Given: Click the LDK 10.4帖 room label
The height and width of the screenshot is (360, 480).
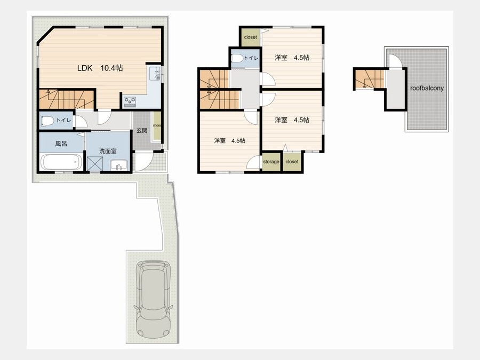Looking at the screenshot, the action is (x=100, y=68).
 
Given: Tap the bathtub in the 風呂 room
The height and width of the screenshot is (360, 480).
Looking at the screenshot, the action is (x=61, y=162).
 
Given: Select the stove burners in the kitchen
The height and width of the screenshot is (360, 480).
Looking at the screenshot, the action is (x=130, y=101).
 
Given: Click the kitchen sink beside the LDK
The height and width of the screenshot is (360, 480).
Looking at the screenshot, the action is (x=155, y=74).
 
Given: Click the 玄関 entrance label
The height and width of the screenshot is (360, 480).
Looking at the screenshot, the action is (x=142, y=131).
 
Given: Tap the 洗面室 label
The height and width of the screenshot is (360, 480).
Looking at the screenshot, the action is (x=108, y=151).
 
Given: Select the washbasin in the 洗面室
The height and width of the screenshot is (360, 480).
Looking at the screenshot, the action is (x=119, y=165).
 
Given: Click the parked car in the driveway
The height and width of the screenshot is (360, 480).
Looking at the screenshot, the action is (x=153, y=300).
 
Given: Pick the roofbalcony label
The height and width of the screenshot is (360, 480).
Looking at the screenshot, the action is (x=427, y=88).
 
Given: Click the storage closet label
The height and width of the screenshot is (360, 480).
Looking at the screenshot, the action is (x=271, y=162).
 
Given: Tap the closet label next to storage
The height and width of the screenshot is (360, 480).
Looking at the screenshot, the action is (x=292, y=162).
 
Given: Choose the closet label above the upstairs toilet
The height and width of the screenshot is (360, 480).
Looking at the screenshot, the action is (x=251, y=37).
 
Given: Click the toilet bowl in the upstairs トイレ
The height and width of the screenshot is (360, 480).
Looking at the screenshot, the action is (x=237, y=58).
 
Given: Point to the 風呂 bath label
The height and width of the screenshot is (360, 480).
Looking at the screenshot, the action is (x=61, y=143).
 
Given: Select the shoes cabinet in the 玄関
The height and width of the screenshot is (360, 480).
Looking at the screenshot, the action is (x=157, y=126).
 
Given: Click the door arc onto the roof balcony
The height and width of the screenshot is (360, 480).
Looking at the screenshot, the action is (x=395, y=61).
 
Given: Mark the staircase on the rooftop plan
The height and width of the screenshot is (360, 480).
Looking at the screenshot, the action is (x=370, y=79).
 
